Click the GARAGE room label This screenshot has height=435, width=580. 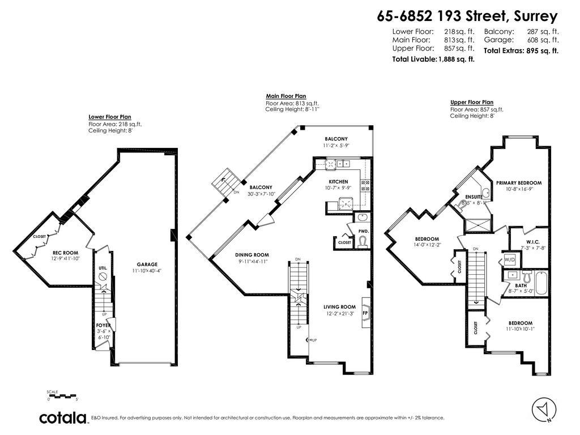click(147, 264)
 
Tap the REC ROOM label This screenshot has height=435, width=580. click(65, 253)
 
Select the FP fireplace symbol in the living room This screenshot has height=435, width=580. click(365, 312)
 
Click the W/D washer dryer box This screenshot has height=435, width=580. click(509, 260)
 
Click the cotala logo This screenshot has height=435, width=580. click(62, 418)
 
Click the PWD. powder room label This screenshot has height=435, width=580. click(363, 231)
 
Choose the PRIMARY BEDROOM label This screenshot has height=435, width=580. click(519, 183)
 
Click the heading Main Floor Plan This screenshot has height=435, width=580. click(286, 97)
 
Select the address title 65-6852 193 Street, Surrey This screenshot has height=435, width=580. click(467, 16)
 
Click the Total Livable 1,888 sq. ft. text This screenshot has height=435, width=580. click(433, 59)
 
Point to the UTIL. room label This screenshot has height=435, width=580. click(103, 268)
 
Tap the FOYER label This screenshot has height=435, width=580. click(103, 325)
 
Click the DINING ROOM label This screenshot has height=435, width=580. click(252, 255)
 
